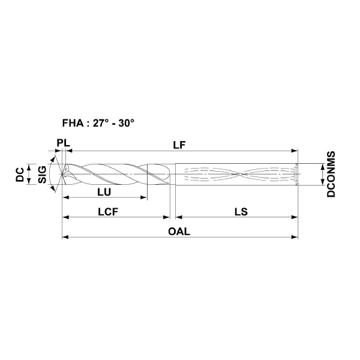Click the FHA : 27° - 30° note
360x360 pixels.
(98, 123)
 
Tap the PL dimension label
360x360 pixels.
(63, 143)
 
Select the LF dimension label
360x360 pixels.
(179, 145)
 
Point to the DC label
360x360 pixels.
(20, 175)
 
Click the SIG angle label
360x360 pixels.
(42, 175)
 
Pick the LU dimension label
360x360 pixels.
(104, 192)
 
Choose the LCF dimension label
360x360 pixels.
(108, 212)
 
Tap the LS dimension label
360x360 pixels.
(241, 212)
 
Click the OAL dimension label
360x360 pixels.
(179, 232)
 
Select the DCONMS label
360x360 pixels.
(331, 174)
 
